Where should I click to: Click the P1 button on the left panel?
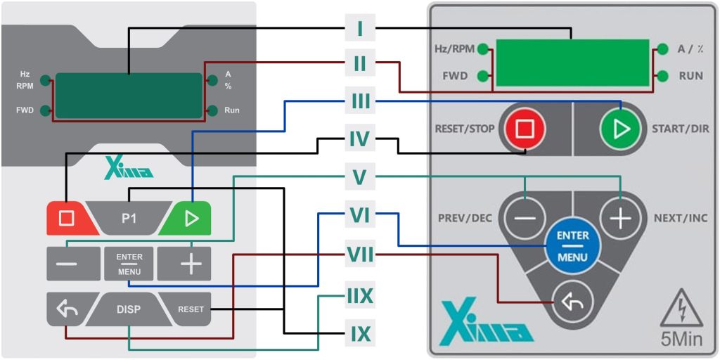[x=129, y=219]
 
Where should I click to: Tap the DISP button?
[x=129, y=309]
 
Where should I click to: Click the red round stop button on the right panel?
[x=523, y=129]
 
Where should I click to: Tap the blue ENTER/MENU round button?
[x=572, y=246]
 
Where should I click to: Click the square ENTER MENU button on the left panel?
[x=129, y=264]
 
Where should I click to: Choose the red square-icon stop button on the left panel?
[x=67, y=218]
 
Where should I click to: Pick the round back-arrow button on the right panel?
[x=572, y=303]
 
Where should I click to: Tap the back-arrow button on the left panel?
[x=67, y=309]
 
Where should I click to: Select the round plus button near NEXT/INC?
[x=619, y=219]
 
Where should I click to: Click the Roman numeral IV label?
[x=359, y=139]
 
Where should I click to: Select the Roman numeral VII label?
[x=360, y=256]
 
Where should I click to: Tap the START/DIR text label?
[x=680, y=129]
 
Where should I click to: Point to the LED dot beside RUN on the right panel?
[x=662, y=75]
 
